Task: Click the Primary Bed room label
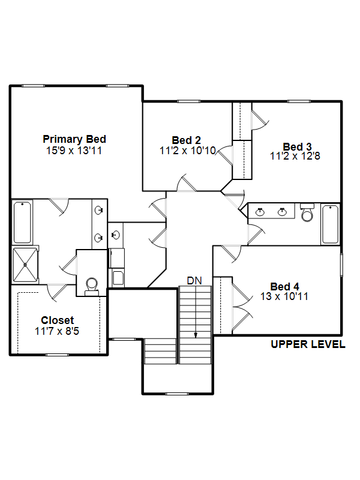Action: (x=74, y=139)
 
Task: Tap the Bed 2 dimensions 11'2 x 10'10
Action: (x=188, y=151)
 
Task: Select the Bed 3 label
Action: (x=297, y=146)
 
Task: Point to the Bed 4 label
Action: (x=284, y=287)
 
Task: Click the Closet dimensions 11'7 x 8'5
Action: (x=57, y=331)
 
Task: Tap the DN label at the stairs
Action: (x=194, y=280)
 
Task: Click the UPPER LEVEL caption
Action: (x=308, y=344)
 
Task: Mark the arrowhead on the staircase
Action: (x=196, y=335)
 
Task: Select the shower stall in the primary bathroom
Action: (x=25, y=265)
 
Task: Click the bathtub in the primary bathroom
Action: (x=22, y=222)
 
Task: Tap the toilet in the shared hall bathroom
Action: (x=307, y=212)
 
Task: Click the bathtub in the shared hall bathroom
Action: (x=331, y=224)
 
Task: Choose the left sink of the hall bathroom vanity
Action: (x=260, y=212)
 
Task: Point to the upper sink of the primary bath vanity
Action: (x=99, y=211)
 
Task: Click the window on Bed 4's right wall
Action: (x=341, y=265)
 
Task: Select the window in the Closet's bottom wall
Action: (x=57, y=355)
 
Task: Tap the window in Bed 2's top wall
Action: (x=189, y=101)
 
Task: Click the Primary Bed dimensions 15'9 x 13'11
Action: (x=74, y=151)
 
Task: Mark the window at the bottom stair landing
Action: (x=177, y=394)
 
